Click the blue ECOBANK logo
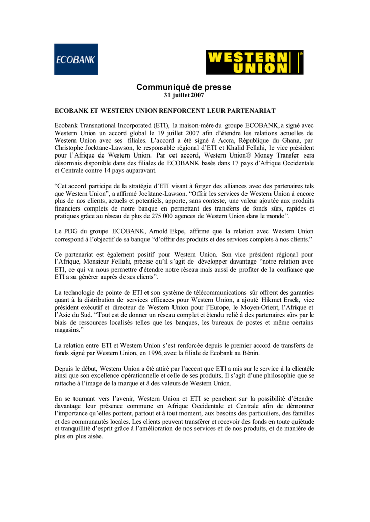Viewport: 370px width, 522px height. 76,60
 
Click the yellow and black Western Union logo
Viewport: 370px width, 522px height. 254,63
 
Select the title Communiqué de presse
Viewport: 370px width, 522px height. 184,87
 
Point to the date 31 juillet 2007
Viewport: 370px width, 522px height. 184,96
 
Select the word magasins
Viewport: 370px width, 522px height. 68,331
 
